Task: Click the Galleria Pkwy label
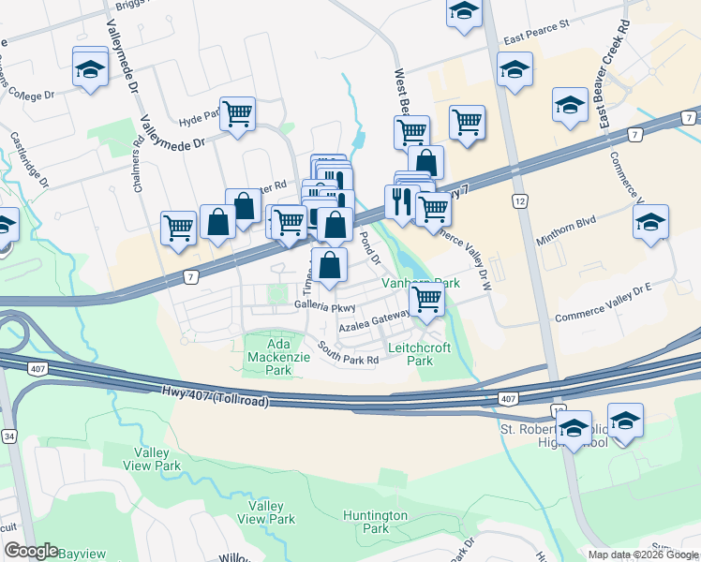(x=325, y=305)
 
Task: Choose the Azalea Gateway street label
(x=374, y=322)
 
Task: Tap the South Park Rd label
(x=347, y=353)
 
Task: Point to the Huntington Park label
(x=375, y=522)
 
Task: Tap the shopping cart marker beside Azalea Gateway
(x=427, y=300)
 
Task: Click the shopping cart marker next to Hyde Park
(x=238, y=113)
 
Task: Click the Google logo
(x=31, y=551)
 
